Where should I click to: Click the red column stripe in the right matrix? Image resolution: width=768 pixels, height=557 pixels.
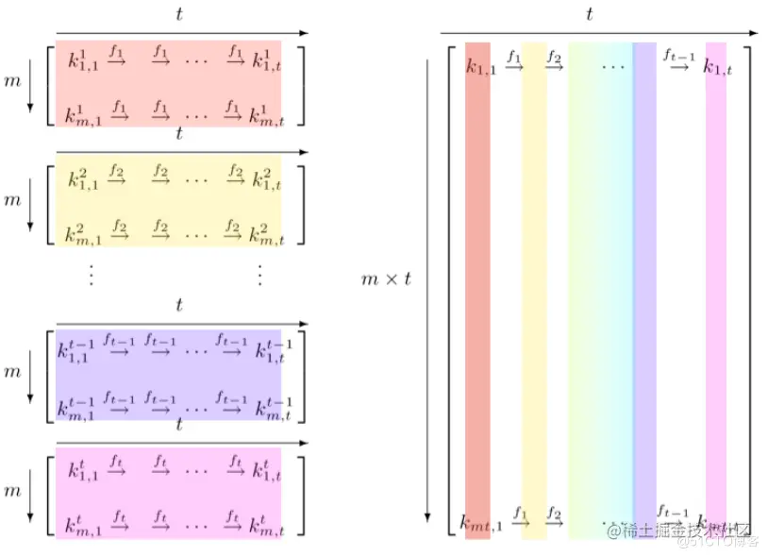pos(477,283)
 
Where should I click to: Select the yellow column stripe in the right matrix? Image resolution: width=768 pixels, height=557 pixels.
pos(533,283)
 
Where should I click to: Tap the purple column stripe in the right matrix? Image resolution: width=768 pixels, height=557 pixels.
pos(644,283)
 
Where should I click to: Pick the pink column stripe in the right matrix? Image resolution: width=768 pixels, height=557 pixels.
pos(716,283)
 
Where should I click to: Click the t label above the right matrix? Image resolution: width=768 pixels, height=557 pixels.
pos(590,14)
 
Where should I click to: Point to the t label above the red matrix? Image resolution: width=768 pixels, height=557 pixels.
pos(179,14)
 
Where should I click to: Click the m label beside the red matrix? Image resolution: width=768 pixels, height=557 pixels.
pos(12,83)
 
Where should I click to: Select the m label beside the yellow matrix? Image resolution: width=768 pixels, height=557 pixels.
pos(12,200)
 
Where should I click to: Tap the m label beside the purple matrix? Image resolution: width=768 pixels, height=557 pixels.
pos(12,372)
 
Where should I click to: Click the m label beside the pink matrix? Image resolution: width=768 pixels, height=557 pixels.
pos(12,491)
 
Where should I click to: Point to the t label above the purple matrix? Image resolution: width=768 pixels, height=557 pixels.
pos(179,305)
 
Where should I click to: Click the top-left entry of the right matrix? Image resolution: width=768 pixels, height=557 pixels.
pos(479,66)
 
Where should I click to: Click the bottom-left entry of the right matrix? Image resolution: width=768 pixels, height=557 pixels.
pos(480,520)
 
